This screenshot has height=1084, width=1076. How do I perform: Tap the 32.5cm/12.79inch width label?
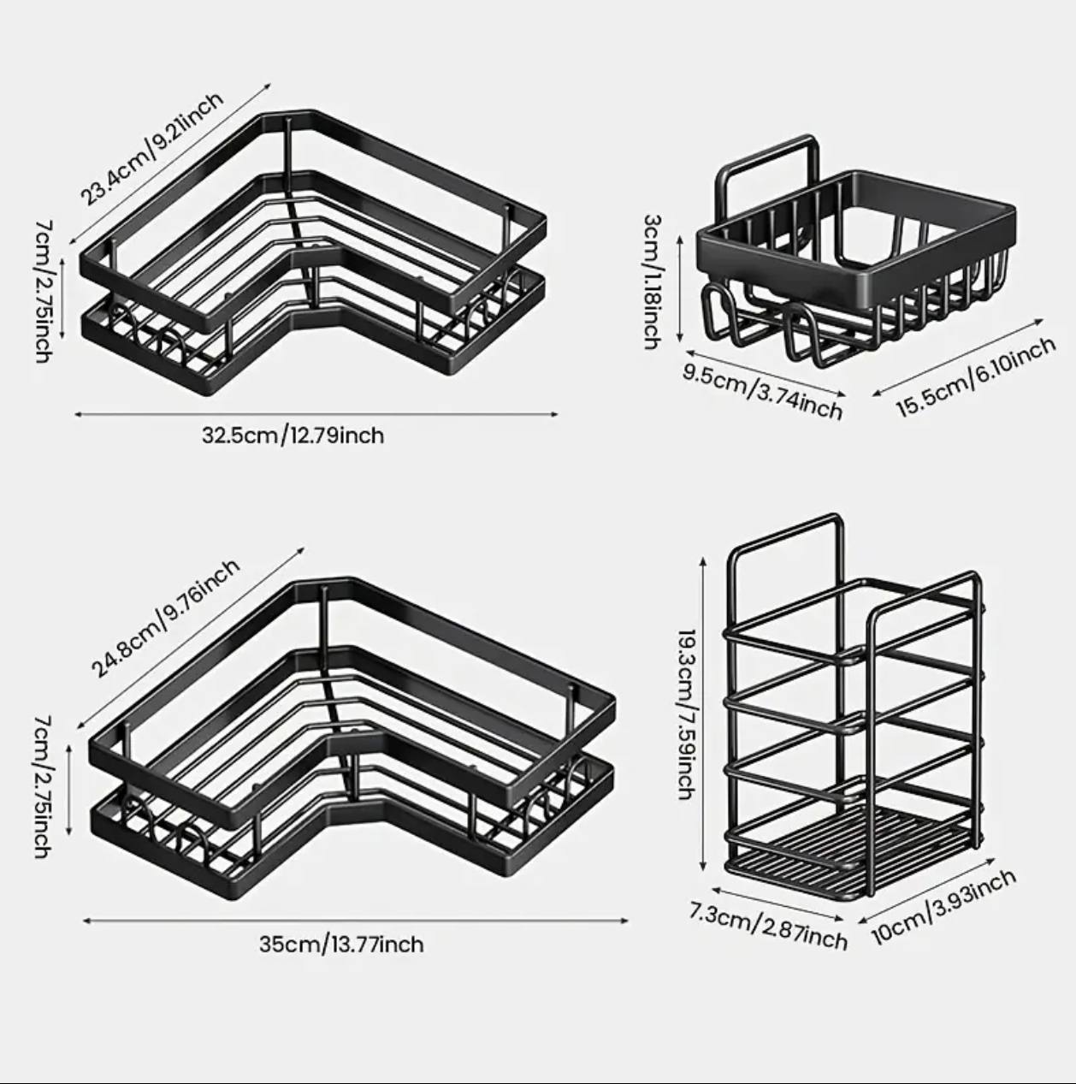293,436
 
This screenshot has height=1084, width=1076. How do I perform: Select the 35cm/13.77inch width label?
341,944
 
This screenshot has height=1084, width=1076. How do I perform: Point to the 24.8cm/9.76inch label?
165,619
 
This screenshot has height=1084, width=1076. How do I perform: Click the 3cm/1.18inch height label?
653,281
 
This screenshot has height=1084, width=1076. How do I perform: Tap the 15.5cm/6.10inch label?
975,376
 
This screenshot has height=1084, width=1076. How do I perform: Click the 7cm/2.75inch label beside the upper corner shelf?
44,292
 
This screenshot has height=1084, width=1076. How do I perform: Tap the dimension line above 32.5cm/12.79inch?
316,415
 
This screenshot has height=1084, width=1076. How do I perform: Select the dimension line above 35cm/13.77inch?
356,921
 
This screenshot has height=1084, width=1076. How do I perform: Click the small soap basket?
856,252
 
